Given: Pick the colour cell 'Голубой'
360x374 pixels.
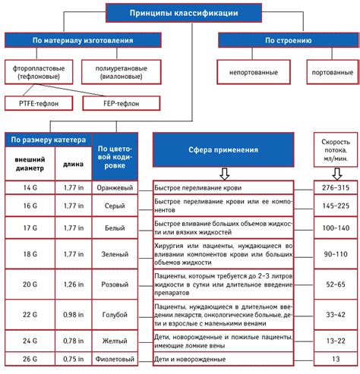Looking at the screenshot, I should coord(114,313).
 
